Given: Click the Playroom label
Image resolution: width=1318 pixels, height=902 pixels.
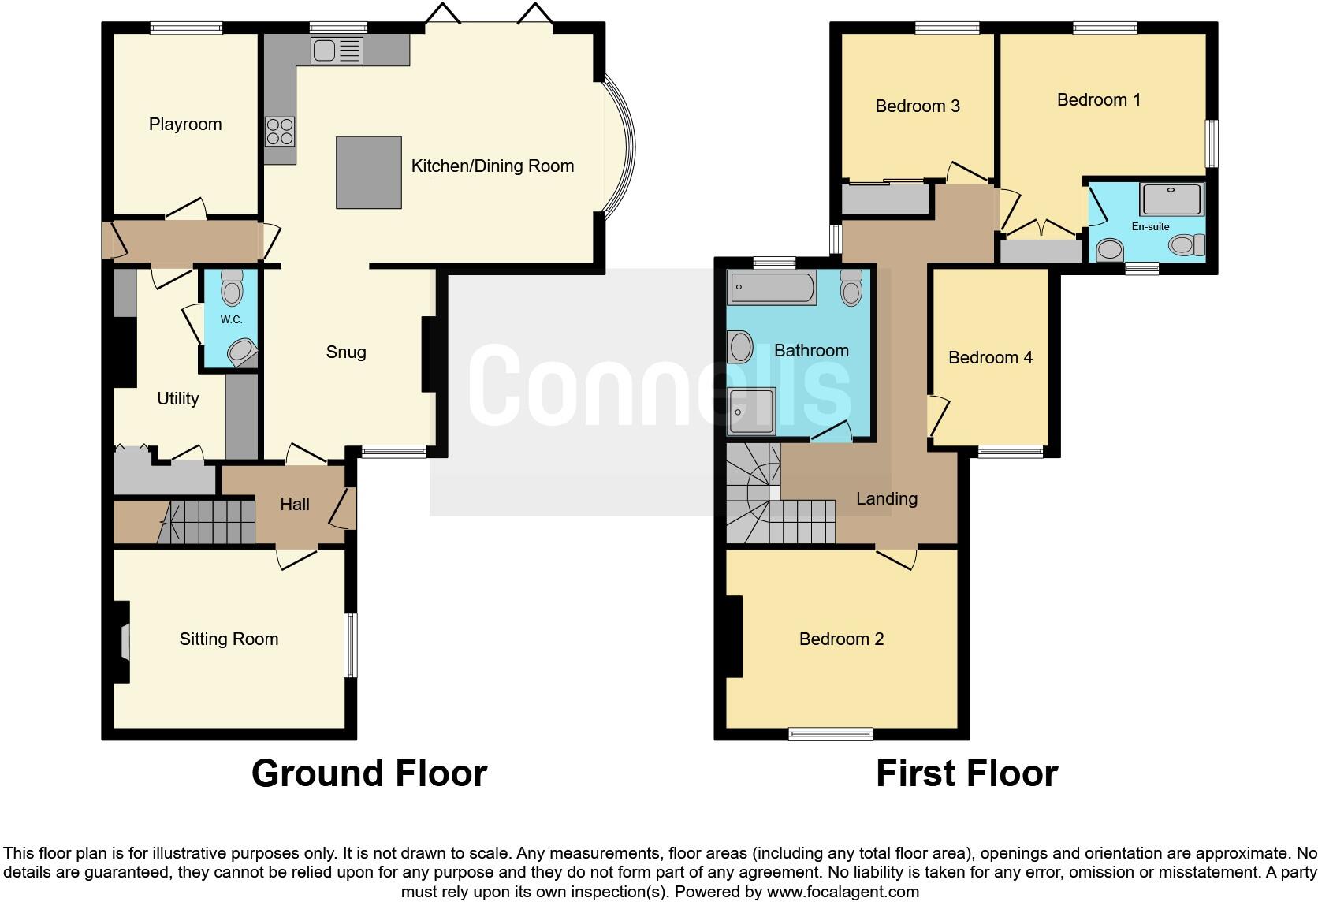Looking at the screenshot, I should click(x=185, y=125).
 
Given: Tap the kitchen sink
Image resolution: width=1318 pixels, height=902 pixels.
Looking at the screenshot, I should click(x=337, y=51).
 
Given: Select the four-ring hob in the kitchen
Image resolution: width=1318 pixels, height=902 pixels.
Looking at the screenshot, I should click(x=280, y=131).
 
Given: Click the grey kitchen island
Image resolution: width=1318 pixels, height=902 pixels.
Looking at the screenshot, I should click(x=369, y=172).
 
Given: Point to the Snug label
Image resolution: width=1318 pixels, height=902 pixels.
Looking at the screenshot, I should click(x=346, y=352).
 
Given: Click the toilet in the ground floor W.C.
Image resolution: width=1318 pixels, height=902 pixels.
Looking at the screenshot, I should click(x=232, y=289).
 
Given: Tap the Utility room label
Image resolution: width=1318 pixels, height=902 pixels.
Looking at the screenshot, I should click(x=177, y=399).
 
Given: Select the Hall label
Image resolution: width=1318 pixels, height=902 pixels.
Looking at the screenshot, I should click(x=295, y=505).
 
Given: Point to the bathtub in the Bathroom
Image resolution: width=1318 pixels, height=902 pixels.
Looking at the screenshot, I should click(x=772, y=288).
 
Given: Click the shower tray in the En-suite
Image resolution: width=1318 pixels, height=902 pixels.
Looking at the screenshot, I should click(x=1172, y=199).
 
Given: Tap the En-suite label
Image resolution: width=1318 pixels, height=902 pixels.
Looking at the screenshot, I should click(x=1150, y=227).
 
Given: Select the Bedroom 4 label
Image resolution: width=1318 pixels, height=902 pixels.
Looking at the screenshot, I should click(x=990, y=358).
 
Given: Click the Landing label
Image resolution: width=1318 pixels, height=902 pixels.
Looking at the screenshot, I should click(x=887, y=499).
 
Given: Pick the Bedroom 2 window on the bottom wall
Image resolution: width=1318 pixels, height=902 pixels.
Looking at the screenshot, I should click(x=831, y=734).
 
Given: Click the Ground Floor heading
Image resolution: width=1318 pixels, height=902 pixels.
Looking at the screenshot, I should click(x=369, y=773).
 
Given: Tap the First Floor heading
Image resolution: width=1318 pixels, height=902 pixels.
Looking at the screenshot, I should click(x=966, y=773).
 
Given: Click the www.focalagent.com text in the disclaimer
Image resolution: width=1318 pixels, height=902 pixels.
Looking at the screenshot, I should click(x=843, y=893).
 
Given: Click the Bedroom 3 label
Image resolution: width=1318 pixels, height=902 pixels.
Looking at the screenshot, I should click(x=918, y=106).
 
